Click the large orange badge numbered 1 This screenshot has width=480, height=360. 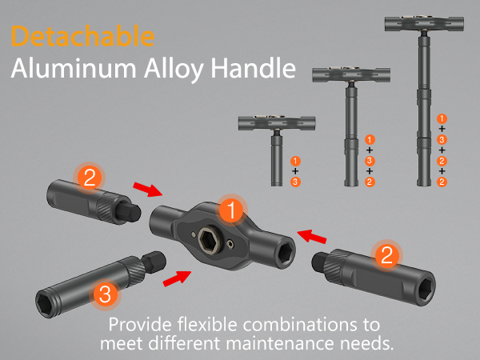click(x=230, y=210)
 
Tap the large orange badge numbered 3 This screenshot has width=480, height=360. click(x=103, y=294)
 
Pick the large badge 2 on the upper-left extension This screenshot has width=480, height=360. click(x=90, y=177)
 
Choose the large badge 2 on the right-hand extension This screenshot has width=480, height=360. click(x=386, y=255)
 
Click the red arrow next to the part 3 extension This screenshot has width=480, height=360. click(x=176, y=279)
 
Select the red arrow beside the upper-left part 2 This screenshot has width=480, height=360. click(x=148, y=190)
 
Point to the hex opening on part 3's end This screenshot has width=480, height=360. click(x=45, y=300)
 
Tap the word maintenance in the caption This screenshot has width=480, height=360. click(x=274, y=342)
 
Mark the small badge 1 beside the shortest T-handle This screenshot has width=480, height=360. click(x=296, y=161)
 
